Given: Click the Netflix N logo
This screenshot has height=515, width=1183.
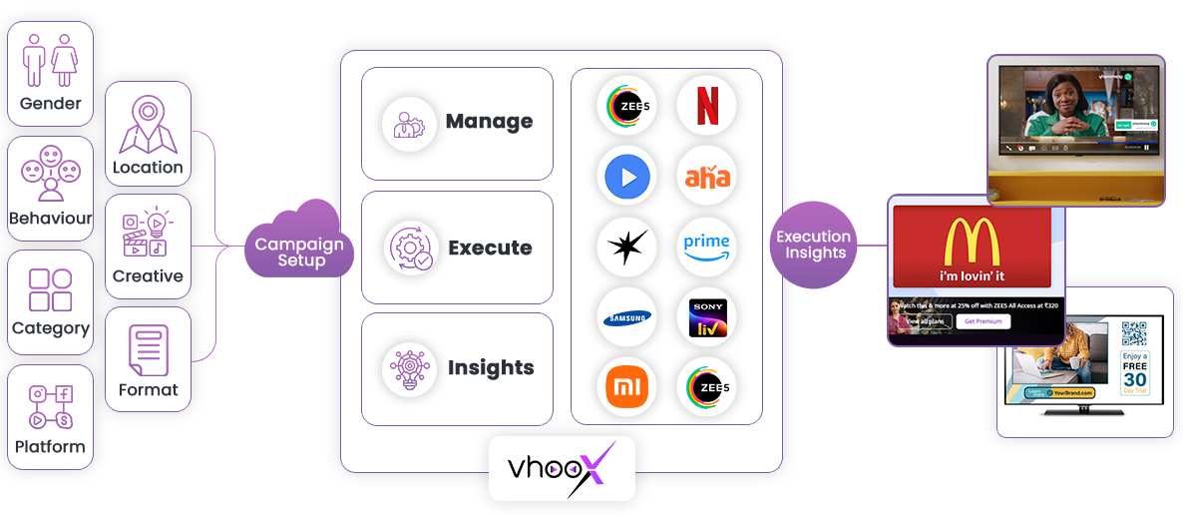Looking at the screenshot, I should click(706, 107).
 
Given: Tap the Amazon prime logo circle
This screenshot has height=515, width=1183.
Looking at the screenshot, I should click(706, 247).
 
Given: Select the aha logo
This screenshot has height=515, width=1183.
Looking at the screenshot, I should click(706, 177).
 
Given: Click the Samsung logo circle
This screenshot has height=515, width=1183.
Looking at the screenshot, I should click(626, 317).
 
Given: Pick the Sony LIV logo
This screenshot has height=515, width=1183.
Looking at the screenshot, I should click(706, 317).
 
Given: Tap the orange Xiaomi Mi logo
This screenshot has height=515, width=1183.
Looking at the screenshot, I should click(626, 388).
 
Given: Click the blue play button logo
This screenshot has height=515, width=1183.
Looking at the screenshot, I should click(626, 177).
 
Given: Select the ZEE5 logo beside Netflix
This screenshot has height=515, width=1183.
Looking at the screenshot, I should click(626, 107).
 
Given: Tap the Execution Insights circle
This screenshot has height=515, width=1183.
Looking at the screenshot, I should click(814, 245).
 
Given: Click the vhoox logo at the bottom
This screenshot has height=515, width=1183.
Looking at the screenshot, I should click(562, 468).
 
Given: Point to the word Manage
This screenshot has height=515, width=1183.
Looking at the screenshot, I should click(489, 123).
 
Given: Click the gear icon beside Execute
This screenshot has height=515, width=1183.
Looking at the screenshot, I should click(411, 248).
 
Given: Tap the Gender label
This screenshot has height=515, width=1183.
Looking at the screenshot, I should click(50, 104).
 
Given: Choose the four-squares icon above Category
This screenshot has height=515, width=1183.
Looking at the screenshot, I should click(50, 289).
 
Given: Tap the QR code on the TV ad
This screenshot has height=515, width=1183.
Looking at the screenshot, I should click(1133, 333).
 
